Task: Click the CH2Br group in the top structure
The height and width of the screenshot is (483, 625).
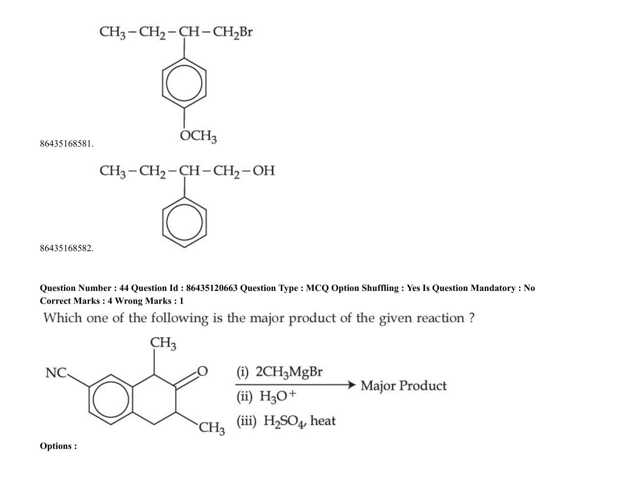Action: [x=233, y=33]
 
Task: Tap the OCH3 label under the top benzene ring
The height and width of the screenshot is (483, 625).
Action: [x=198, y=136]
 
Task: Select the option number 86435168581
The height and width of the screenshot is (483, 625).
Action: [x=67, y=144]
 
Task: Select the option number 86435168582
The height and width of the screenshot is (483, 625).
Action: [x=67, y=248]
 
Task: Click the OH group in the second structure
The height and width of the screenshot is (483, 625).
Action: [x=264, y=171]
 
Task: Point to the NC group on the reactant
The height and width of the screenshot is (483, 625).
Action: [x=56, y=373]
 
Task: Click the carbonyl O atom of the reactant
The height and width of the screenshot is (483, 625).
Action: [x=202, y=371]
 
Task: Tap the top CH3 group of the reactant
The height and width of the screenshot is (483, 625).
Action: [x=163, y=344]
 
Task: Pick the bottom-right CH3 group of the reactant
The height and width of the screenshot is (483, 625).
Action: [x=212, y=428]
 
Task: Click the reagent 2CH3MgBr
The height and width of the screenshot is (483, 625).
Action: [x=289, y=372]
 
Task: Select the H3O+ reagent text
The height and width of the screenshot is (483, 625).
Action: [x=277, y=396]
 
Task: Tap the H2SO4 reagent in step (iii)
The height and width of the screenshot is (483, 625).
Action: [x=284, y=421]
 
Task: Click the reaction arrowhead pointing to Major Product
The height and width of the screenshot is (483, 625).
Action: [x=351, y=385]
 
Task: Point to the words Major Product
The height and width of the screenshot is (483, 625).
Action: [x=404, y=386]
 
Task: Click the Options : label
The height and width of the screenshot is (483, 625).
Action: [x=58, y=446]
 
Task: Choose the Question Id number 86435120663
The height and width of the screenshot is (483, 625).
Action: [x=212, y=288]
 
